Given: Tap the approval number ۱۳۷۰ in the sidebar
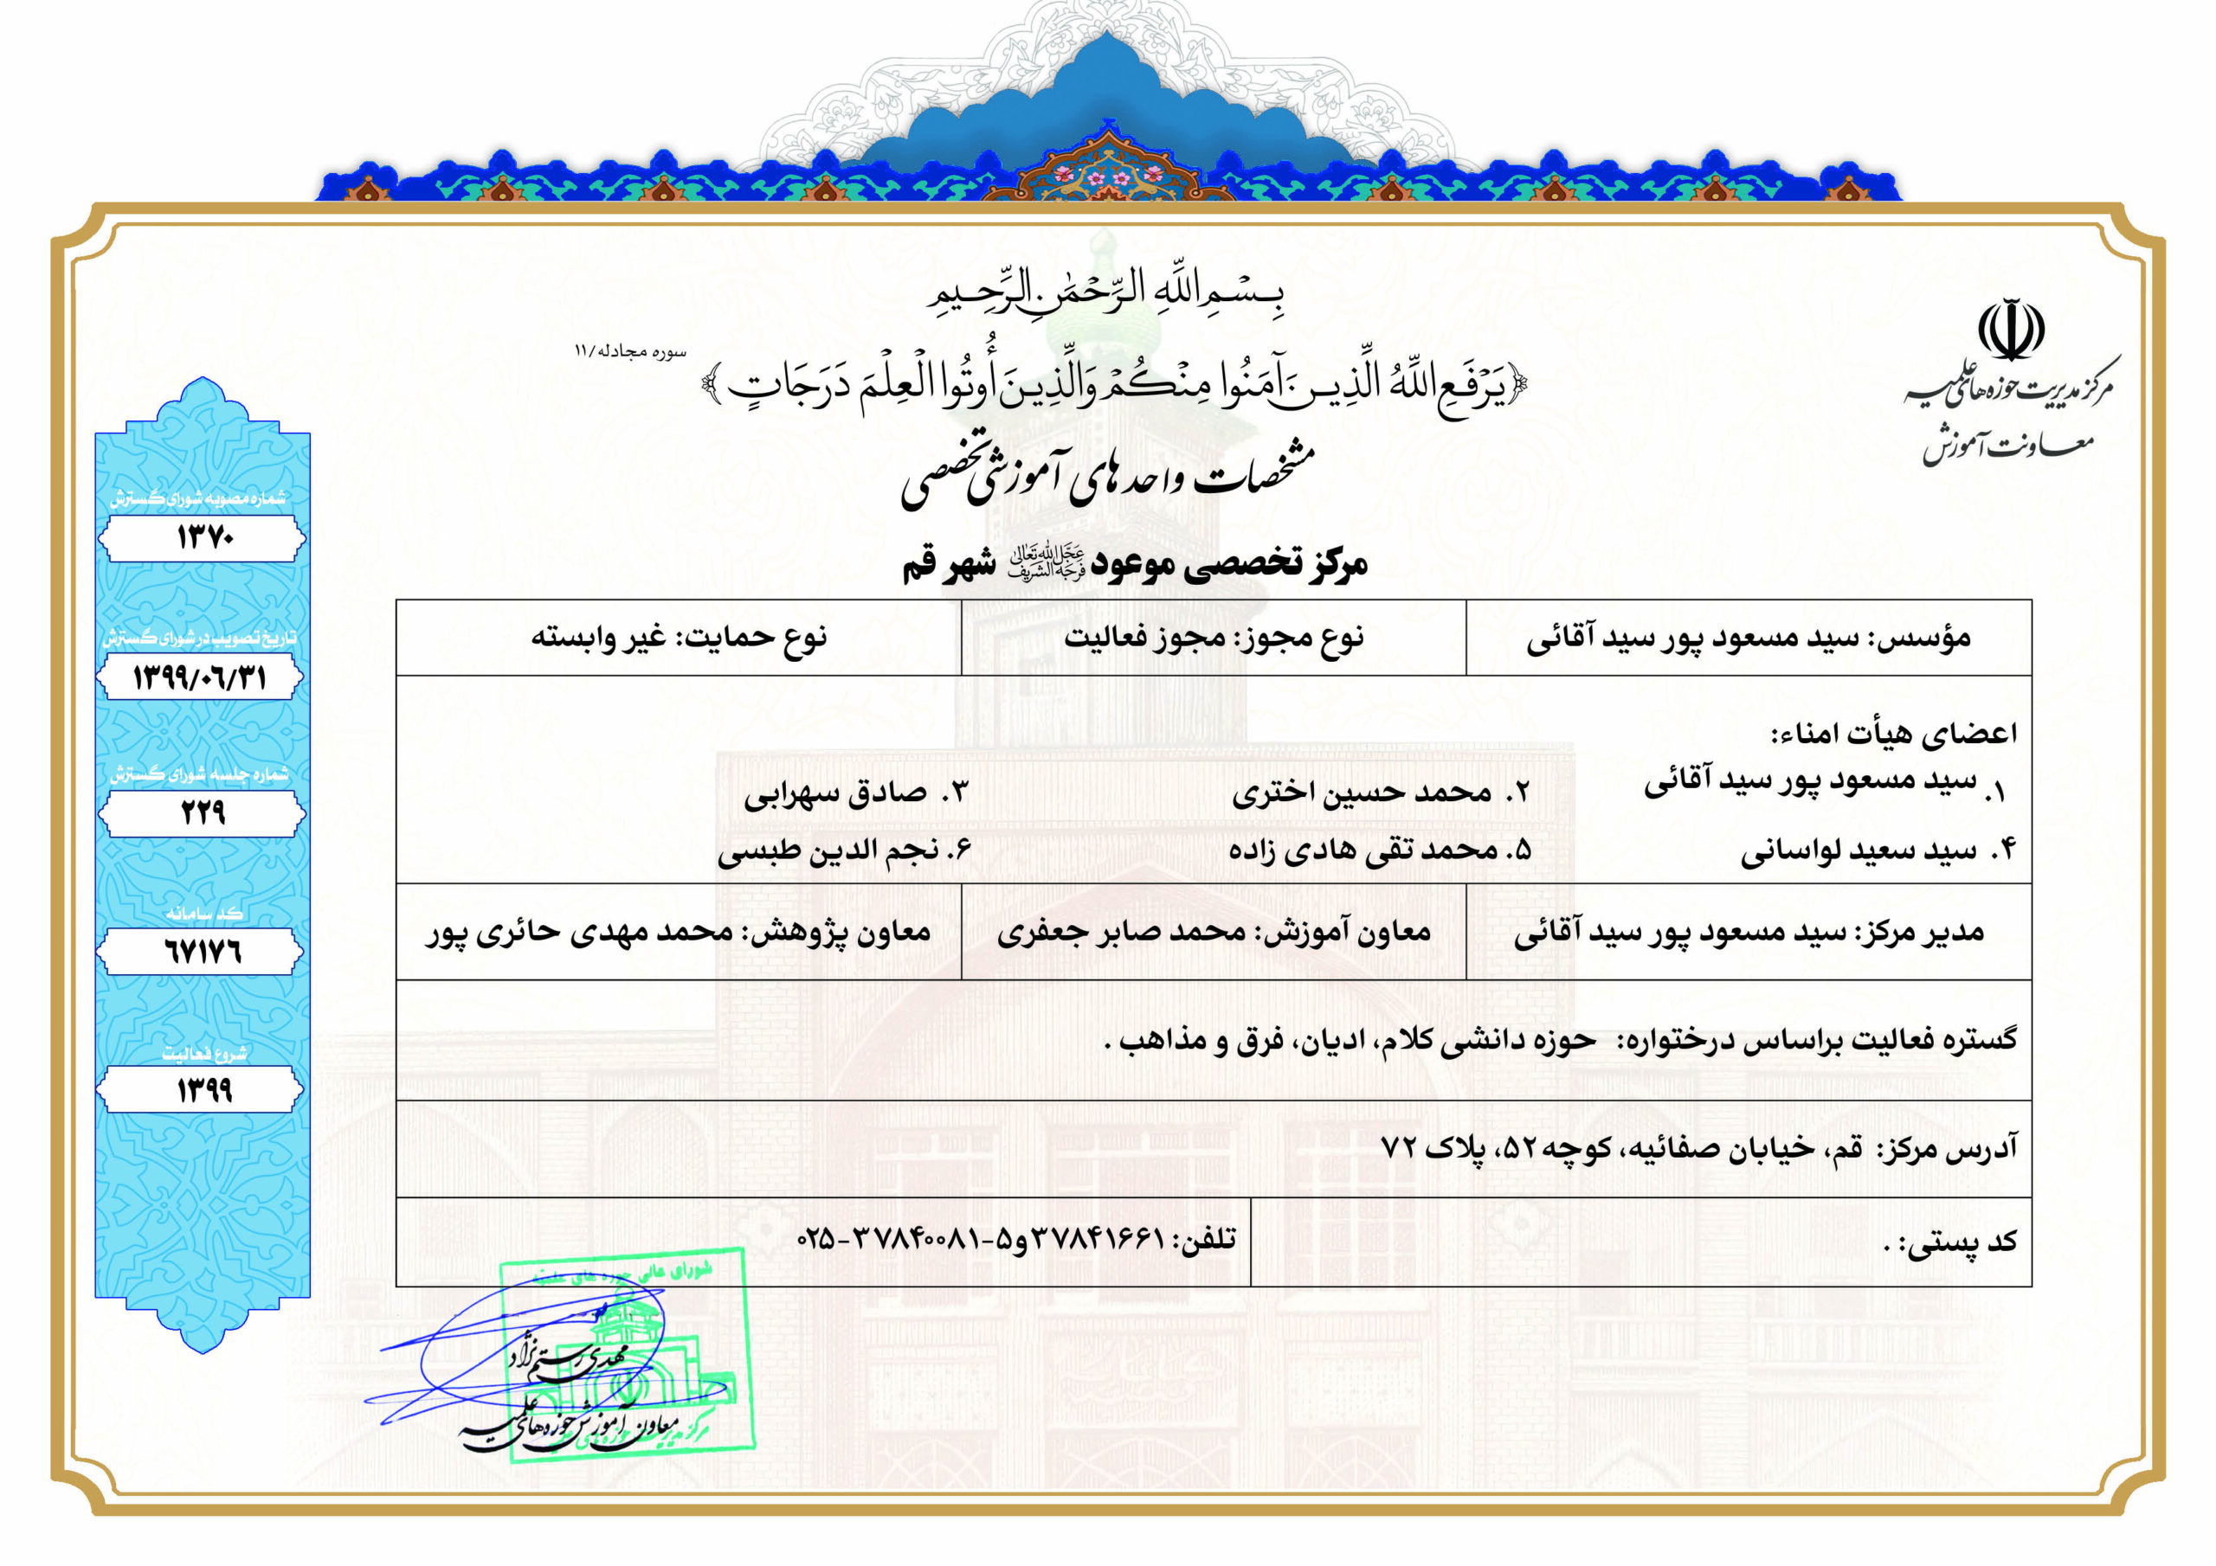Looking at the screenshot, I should click(x=203, y=537).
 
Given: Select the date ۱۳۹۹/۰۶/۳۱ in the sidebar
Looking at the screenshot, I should click(x=200, y=677).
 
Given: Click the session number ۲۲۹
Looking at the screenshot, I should click(x=203, y=813).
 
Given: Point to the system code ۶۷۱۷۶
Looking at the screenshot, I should click(x=202, y=953).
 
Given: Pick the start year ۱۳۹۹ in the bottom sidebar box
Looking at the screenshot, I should click(x=203, y=1090).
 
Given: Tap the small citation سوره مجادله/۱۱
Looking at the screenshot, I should click(x=629, y=351).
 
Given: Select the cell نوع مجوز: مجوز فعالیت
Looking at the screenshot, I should click(x=1214, y=637).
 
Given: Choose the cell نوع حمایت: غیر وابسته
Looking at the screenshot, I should click(x=679, y=637).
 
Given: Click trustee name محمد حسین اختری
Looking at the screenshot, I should click(x=1362, y=793).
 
